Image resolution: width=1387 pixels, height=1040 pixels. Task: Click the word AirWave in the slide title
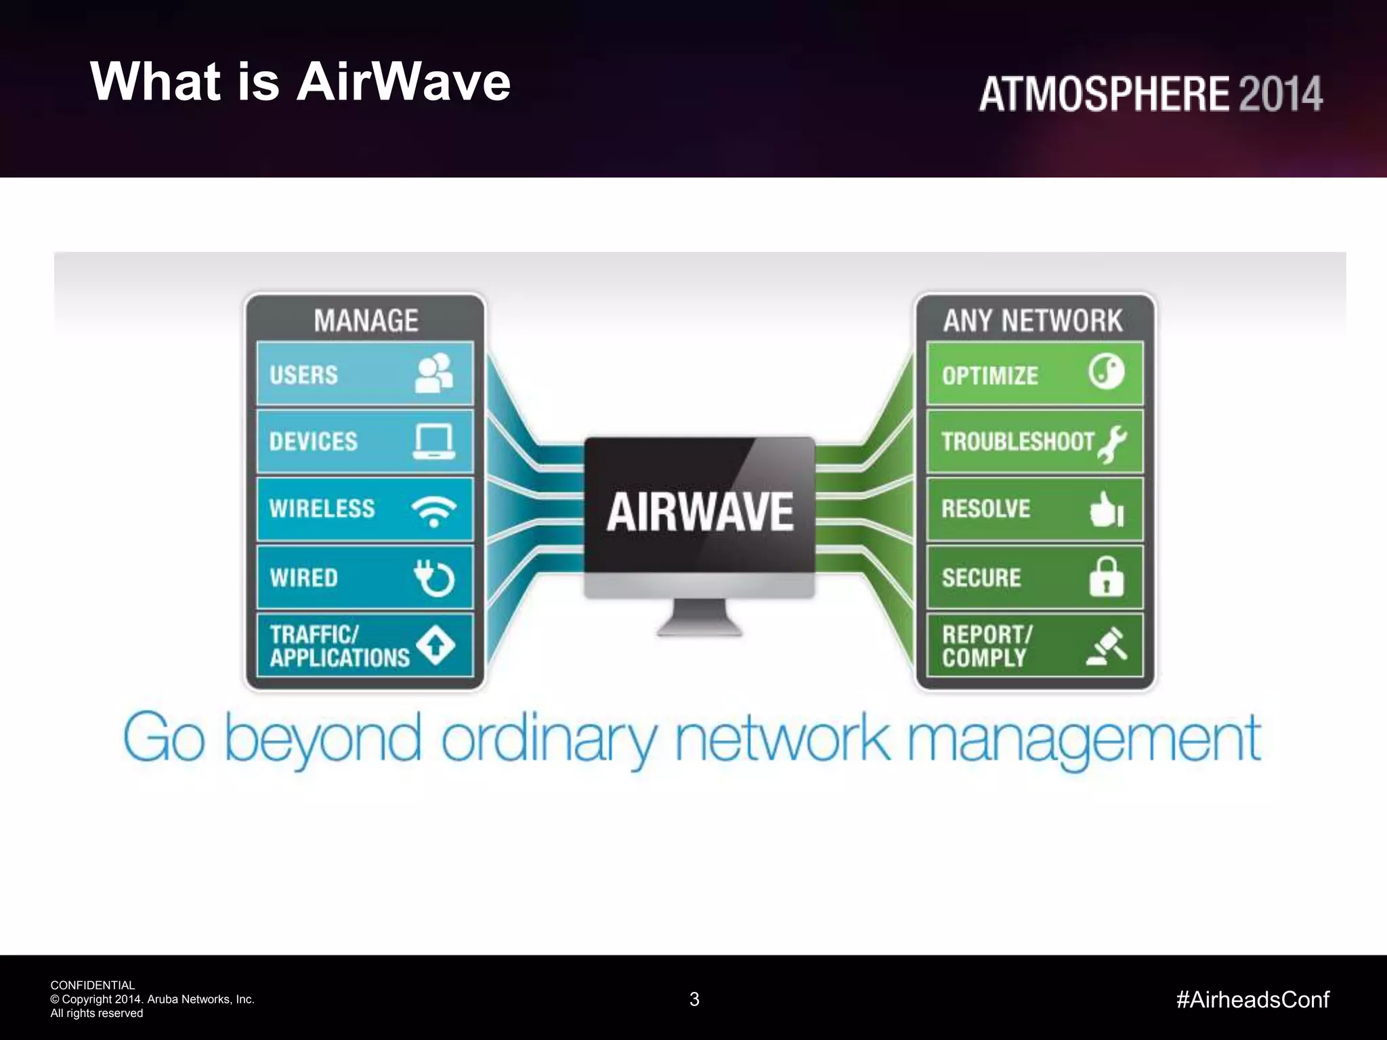click(404, 82)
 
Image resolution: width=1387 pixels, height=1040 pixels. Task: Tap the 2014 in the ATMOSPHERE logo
click(1280, 94)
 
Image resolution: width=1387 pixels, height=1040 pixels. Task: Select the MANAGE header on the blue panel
click(366, 320)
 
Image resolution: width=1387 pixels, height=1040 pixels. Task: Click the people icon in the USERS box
click(433, 373)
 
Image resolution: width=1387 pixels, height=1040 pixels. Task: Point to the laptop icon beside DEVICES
click(434, 441)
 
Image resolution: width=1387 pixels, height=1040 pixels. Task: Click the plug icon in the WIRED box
click(433, 578)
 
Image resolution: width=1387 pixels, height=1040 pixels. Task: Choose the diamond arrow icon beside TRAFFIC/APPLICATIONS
click(435, 645)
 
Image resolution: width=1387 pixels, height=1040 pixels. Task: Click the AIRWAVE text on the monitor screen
click(700, 512)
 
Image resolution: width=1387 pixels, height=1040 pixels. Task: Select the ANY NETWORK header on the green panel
click(1033, 320)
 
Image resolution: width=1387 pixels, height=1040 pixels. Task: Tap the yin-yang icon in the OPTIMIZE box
click(1106, 371)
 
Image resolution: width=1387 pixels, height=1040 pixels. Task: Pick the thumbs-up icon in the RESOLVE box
click(1107, 510)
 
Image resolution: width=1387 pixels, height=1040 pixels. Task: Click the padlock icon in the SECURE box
click(1106, 577)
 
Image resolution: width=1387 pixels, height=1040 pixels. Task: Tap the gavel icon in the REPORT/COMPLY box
click(1107, 646)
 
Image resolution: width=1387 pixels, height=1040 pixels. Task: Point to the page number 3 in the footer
click(694, 999)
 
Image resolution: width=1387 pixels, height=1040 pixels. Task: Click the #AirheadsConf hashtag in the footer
click(1253, 999)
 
